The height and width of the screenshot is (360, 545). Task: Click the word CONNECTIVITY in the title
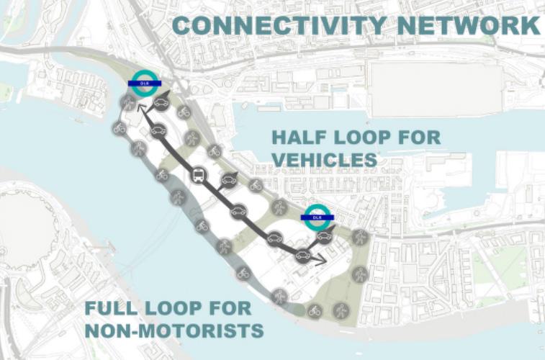tap(275, 24)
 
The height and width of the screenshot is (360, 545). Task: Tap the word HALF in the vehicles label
tap(297, 137)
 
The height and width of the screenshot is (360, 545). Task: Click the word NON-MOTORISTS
tap(173, 331)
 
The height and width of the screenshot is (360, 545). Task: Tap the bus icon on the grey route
tap(198, 174)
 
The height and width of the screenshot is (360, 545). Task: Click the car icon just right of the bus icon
tap(230, 179)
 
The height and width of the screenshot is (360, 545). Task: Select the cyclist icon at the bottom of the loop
tap(315, 311)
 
